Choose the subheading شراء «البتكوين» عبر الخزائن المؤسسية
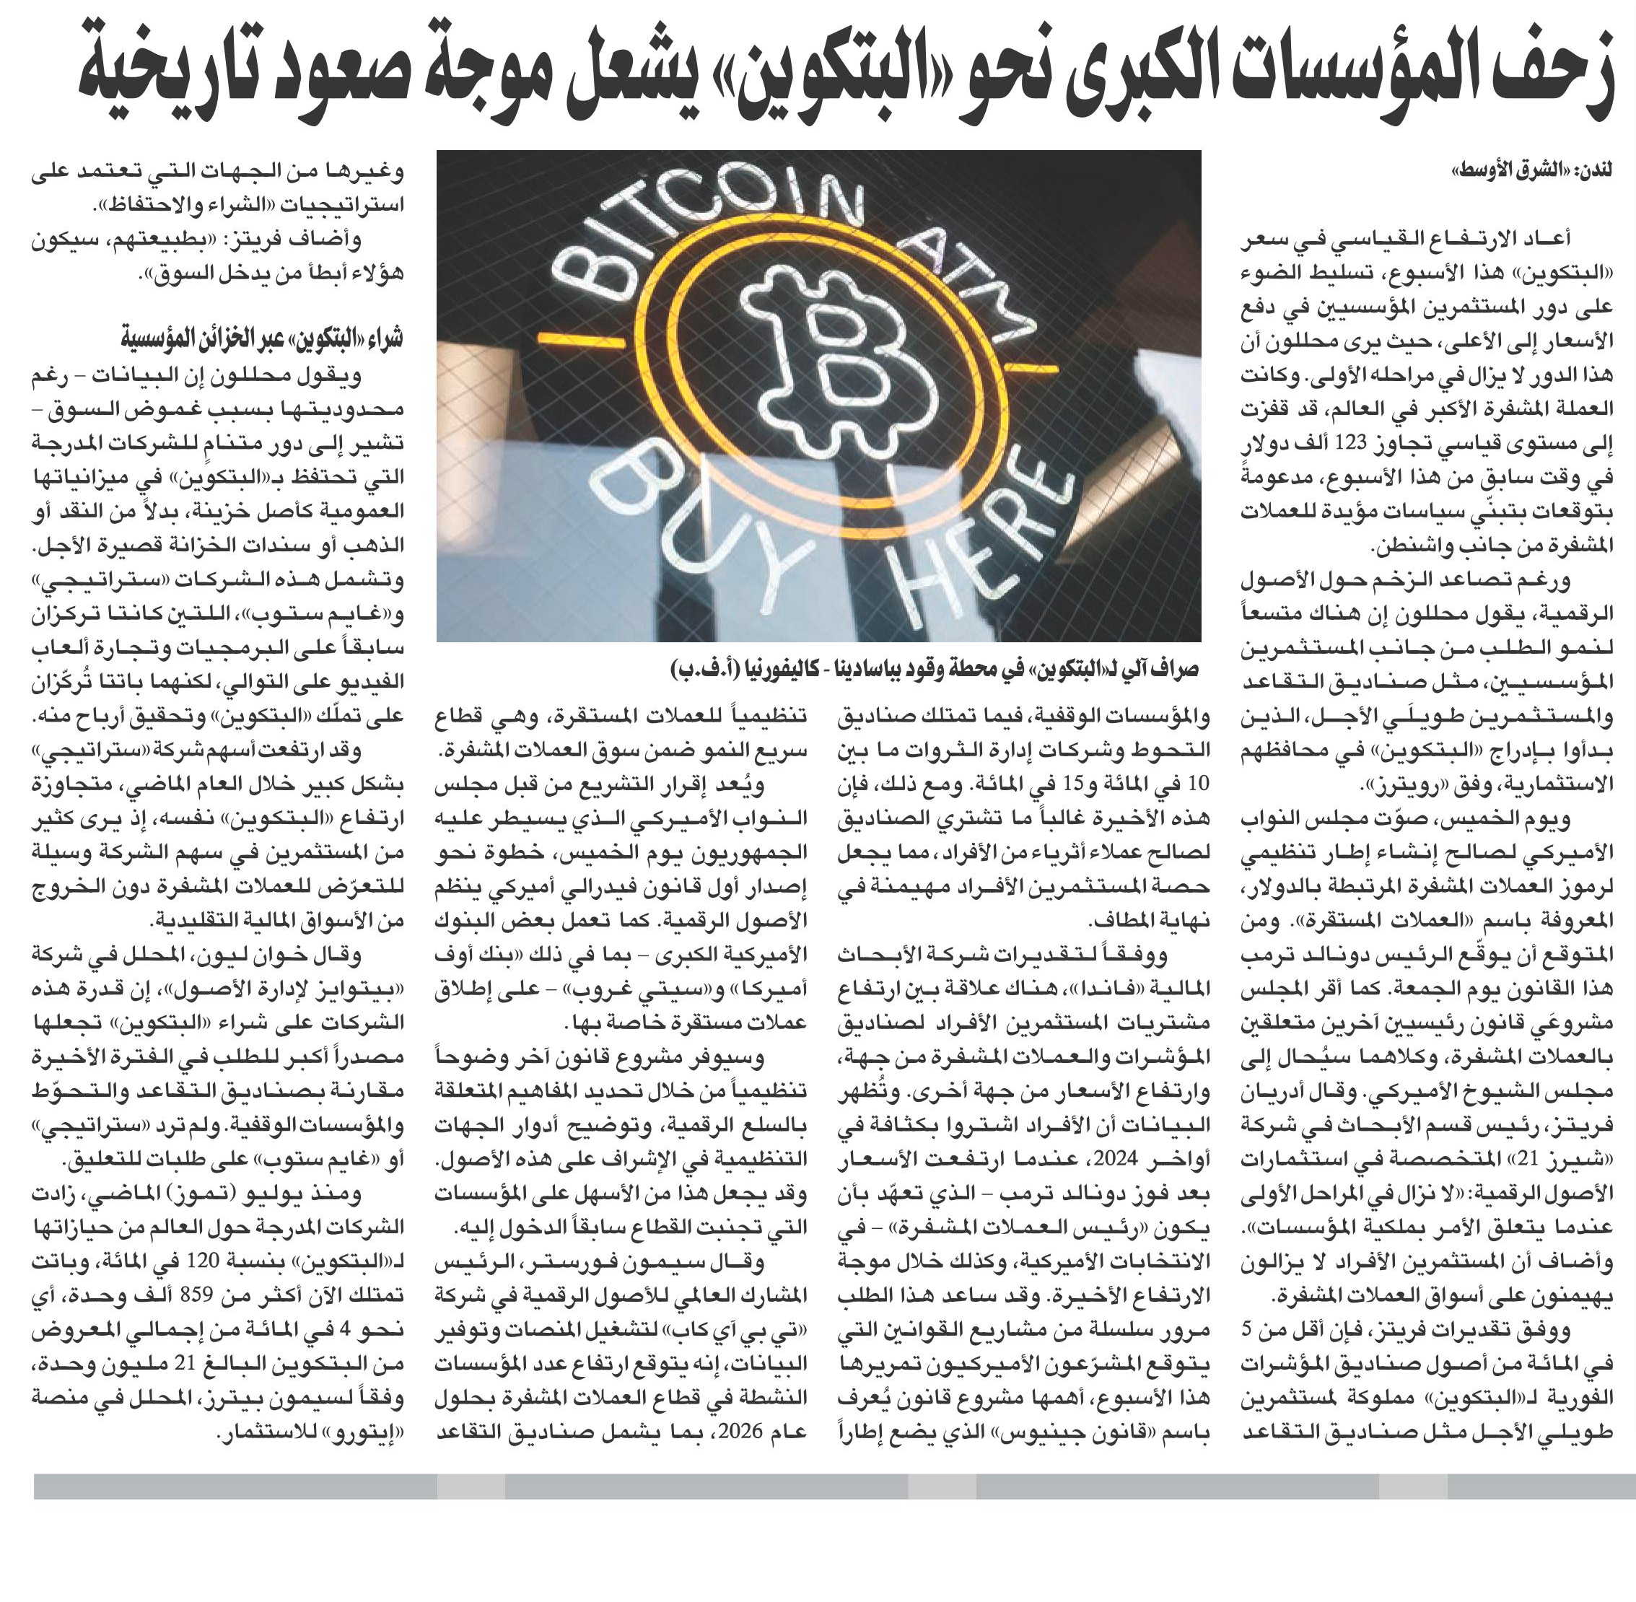coord(262,339)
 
